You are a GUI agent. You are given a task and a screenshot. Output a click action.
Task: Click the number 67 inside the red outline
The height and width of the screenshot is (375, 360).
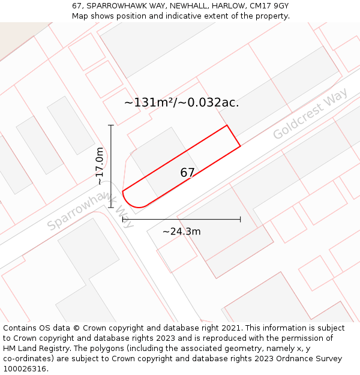click(187, 173)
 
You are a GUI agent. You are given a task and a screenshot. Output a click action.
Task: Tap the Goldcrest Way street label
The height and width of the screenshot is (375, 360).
click(310, 114)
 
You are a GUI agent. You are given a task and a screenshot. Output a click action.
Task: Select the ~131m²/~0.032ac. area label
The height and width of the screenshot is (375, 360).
click(181, 103)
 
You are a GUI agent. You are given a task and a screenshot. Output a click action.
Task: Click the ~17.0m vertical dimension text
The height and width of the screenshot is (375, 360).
click(100, 166)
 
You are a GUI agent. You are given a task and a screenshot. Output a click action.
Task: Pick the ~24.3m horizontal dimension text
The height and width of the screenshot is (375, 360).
click(181, 231)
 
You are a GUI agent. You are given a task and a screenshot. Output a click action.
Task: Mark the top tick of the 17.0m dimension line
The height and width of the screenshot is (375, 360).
click(110, 125)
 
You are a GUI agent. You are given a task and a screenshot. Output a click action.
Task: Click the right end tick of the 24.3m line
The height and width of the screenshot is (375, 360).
click(240, 220)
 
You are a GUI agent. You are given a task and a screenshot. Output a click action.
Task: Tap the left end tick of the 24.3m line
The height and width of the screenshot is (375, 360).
click(123, 220)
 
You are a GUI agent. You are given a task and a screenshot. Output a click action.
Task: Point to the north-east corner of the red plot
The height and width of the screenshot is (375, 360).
click(227, 125)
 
